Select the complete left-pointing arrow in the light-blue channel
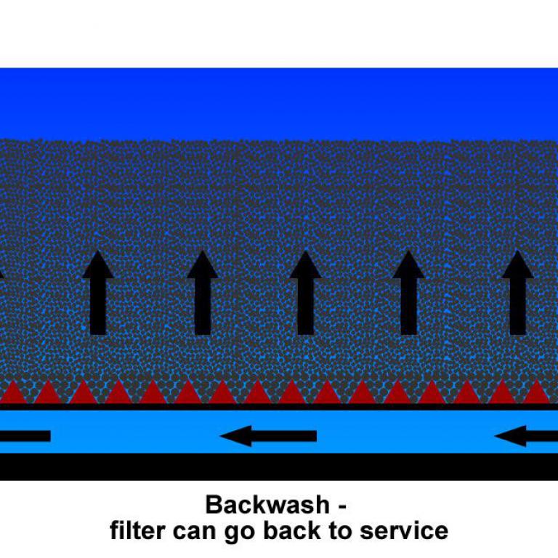pos(268,436)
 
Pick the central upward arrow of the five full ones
pos(305,292)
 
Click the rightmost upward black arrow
pos(517,292)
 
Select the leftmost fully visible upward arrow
pos(98,292)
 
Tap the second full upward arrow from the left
pos(203,292)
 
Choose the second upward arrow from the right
pos(408,292)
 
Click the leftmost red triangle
pos(13,394)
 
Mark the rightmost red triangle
pos(536,393)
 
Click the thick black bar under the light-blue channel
pos(279,466)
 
